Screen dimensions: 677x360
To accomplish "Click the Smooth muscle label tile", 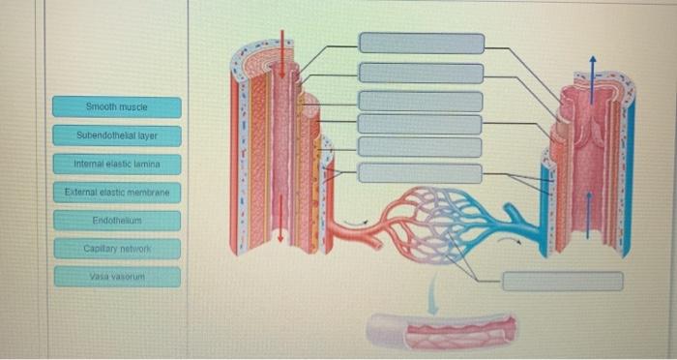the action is coord(116,106).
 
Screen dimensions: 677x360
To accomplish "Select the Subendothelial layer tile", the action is coord(116,135).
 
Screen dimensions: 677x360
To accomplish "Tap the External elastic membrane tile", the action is coord(116,193).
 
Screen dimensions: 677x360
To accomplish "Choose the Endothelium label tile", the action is coord(116,221).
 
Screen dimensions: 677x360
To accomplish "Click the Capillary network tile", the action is coord(116,250).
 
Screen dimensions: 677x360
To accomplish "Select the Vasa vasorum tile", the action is coord(116,278).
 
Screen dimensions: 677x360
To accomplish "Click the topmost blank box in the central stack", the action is coord(421,43).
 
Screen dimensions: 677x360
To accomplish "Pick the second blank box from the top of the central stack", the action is coord(421,73).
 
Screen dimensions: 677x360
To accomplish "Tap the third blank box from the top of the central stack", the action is coord(421,102).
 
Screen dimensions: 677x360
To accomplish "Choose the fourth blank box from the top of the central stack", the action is coord(421,124).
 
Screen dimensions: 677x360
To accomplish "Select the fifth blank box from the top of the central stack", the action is coord(421,146).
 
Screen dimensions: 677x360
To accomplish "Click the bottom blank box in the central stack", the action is coord(421,173).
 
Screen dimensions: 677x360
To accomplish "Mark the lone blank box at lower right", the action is coord(562,281).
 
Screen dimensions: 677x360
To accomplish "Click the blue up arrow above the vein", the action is coord(593,73).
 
